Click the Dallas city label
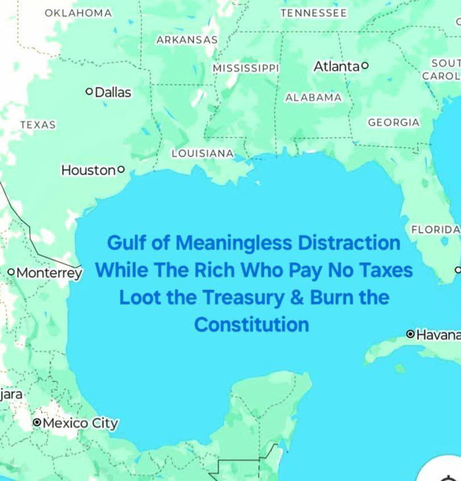coord(113,93)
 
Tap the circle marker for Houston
coord(121,169)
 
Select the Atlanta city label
coord(336,67)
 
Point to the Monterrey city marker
coord(11,272)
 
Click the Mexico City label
coord(80,423)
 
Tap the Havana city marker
coord(410,335)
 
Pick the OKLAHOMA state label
coord(78,13)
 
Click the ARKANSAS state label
coord(187,40)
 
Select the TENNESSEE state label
coord(313,13)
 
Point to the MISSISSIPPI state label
coord(246,68)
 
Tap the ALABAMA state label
coord(313,98)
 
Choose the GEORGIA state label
coord(393,122)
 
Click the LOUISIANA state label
coord(202,153)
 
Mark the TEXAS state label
coord(38,125)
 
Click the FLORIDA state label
coord(435,229)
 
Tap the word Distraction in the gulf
coord(349,243)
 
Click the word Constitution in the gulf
coord(252,324)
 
